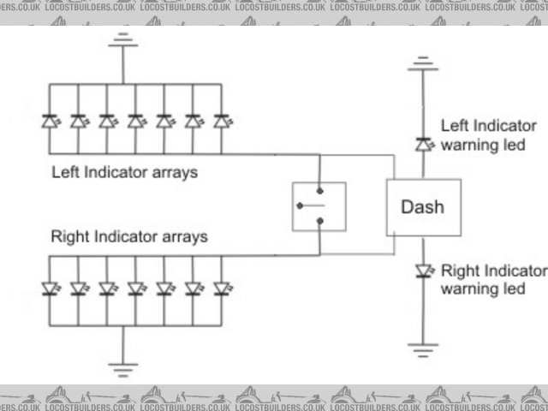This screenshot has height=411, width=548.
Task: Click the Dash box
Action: [423, 207]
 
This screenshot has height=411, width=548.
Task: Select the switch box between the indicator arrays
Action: [319, 206]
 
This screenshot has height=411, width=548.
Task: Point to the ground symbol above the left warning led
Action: [421, 63]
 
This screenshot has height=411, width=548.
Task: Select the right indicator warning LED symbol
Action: [421, 271]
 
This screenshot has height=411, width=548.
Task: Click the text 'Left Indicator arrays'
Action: [124, 172]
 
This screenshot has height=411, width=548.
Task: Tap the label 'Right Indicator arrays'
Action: [128, 235]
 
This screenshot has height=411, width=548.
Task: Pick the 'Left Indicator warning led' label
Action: [488, 134]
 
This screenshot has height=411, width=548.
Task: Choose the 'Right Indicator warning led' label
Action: [492, 280]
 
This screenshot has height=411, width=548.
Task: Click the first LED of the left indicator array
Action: [50, 122]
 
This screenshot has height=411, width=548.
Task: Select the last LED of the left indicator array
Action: [222, 122]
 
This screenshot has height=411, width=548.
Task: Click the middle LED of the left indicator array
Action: [135, 122]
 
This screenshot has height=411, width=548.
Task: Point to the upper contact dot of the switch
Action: [319, 192]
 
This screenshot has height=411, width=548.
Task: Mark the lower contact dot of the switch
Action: [319, 221]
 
